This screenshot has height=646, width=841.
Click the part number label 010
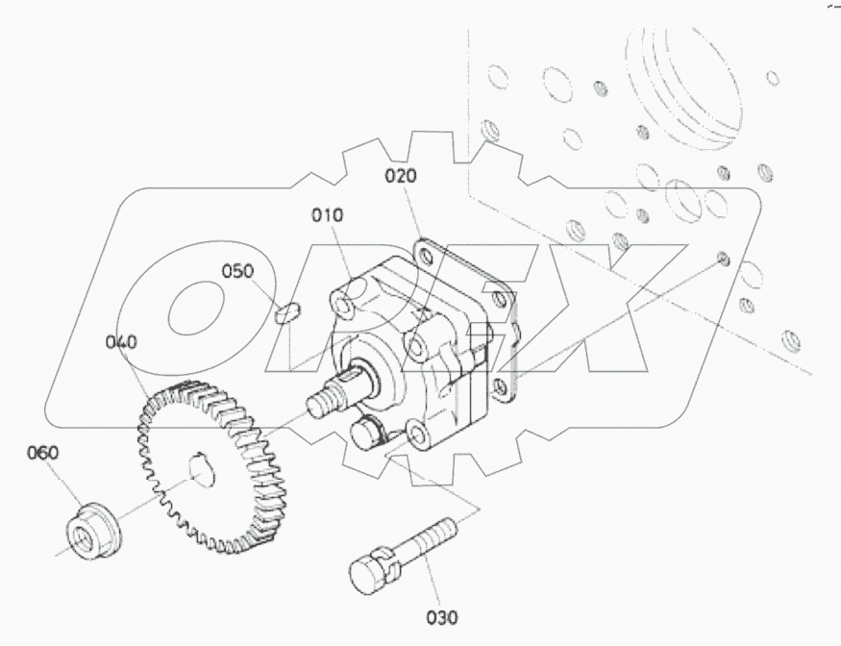pos(326,215)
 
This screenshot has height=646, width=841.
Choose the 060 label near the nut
pos(42,453)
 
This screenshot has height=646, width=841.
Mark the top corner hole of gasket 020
pos(424,253)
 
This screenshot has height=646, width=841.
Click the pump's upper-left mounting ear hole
pos(342,305)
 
